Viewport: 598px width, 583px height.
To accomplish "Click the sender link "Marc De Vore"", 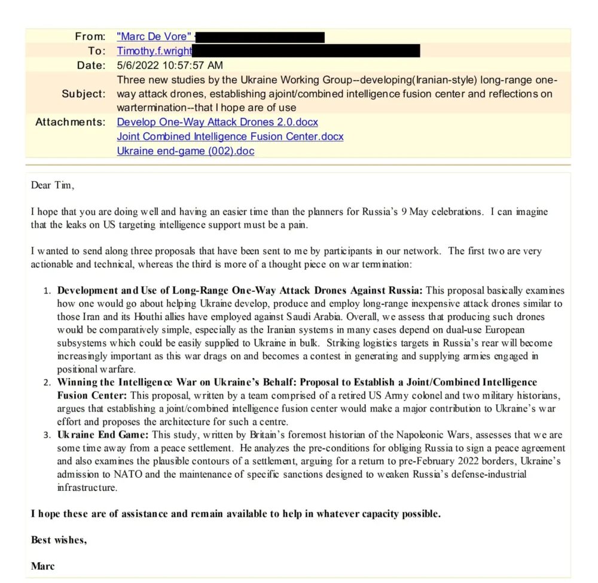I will point(152,37).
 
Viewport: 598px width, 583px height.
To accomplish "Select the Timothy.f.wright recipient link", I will point(154,51).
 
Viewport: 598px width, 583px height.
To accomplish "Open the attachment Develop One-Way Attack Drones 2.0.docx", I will point(217,122).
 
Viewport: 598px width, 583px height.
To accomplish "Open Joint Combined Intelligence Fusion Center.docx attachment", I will point(230,136).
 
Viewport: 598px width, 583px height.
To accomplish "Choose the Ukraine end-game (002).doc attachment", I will point(185,151).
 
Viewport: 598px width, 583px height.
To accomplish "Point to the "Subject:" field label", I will point(83,94).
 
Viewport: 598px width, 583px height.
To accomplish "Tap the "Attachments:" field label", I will point(70,122).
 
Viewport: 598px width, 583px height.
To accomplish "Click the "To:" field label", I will point(96,51).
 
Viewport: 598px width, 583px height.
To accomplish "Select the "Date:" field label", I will point(91,65).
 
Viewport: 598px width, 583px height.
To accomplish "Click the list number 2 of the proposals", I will point(48,382).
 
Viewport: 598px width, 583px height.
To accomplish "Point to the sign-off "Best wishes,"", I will point(59,540).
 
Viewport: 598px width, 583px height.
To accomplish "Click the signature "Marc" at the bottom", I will point(42,566).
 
